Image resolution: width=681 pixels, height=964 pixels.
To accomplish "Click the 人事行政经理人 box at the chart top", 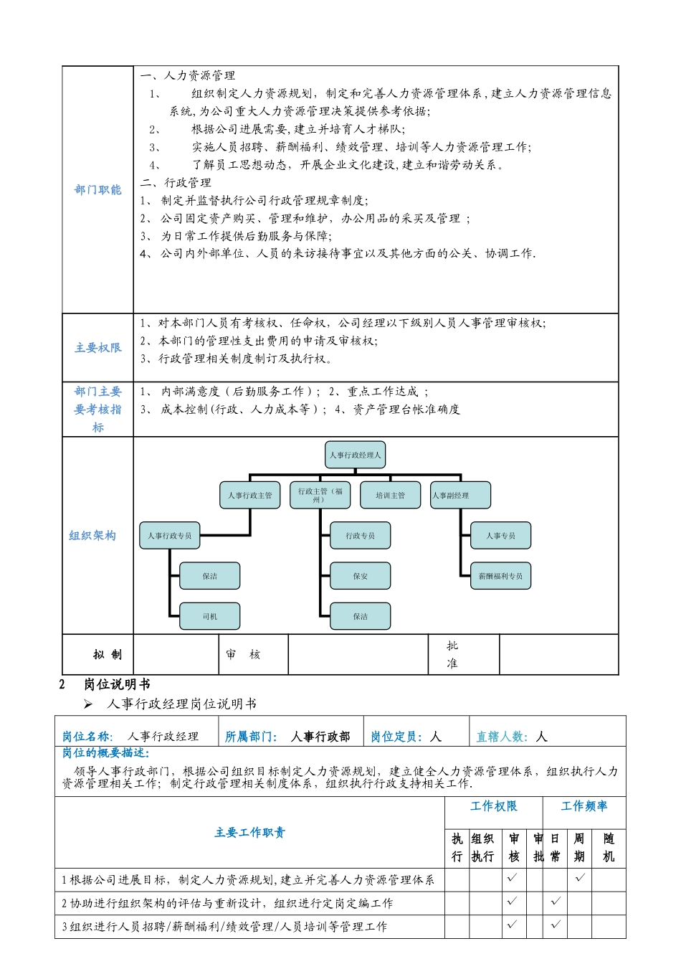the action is coord(356,455).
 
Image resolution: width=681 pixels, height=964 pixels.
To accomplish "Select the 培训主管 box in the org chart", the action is coord(390,495).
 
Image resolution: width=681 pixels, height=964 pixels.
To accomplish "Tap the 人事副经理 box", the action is coord(461,495).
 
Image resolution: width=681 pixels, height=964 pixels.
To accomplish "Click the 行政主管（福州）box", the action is coord(320,495).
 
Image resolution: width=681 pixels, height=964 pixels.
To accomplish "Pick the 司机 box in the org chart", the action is coord(209,616).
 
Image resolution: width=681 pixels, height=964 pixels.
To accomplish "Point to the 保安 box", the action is coord(360,576).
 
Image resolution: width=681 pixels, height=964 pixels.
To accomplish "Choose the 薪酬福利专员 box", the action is coord(500,576).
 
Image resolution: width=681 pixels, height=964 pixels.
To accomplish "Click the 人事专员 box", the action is coord(500,536).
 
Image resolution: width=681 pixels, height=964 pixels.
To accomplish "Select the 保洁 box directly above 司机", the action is coord(209,576).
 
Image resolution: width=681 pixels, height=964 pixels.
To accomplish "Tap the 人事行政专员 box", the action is coord(170,536).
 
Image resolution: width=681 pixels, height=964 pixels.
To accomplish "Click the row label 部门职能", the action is coord(97,190).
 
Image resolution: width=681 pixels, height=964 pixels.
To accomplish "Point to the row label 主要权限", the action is coord(97,348).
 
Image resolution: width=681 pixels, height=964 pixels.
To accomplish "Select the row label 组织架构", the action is coord(92,536).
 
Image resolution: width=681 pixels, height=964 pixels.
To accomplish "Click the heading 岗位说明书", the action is coord(117,685).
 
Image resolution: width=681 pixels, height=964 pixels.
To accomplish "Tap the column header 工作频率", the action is coord(584,807).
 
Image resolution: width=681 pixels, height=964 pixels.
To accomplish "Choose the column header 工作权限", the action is coord(493,807).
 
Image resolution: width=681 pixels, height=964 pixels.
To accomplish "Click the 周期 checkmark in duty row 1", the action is coord(580,877).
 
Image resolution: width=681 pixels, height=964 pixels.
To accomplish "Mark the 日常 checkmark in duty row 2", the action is coord(556,901).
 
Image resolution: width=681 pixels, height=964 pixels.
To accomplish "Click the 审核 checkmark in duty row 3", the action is coord(512,925).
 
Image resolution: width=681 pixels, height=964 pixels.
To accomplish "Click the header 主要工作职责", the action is coord(249,833).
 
